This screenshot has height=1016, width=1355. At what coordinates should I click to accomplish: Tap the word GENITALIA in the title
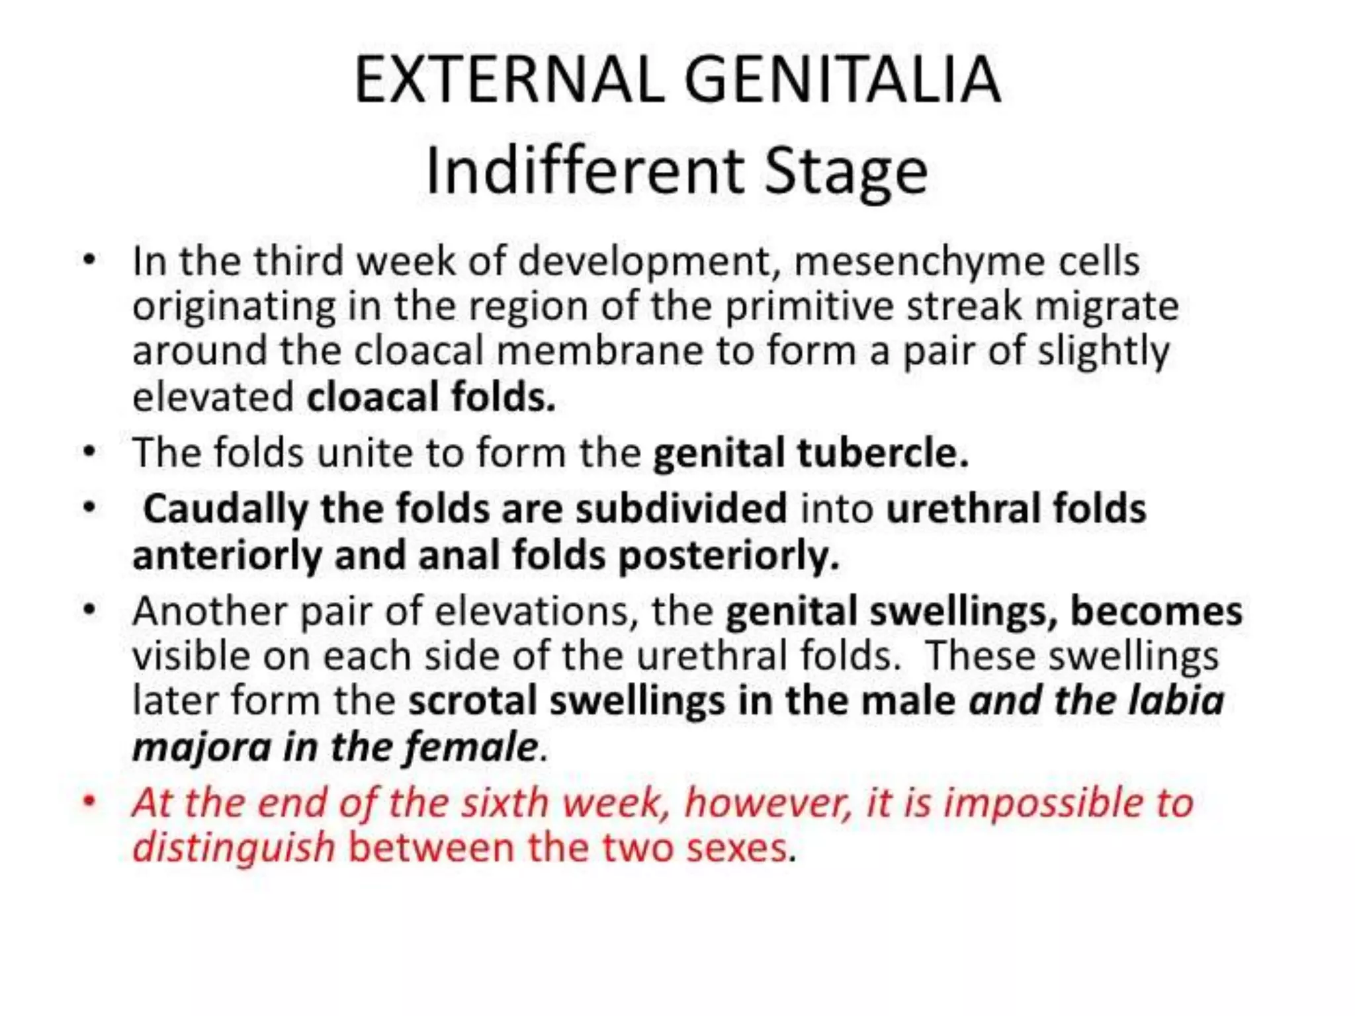[x=842, y=80]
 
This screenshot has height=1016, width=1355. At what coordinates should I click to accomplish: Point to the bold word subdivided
[x=681, y=509]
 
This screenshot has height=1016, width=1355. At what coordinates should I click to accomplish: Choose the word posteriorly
[x=728, y=555]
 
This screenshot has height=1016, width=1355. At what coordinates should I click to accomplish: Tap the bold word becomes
[x=1156, y=611]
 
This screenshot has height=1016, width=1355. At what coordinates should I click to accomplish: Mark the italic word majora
[x=202, y=747]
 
